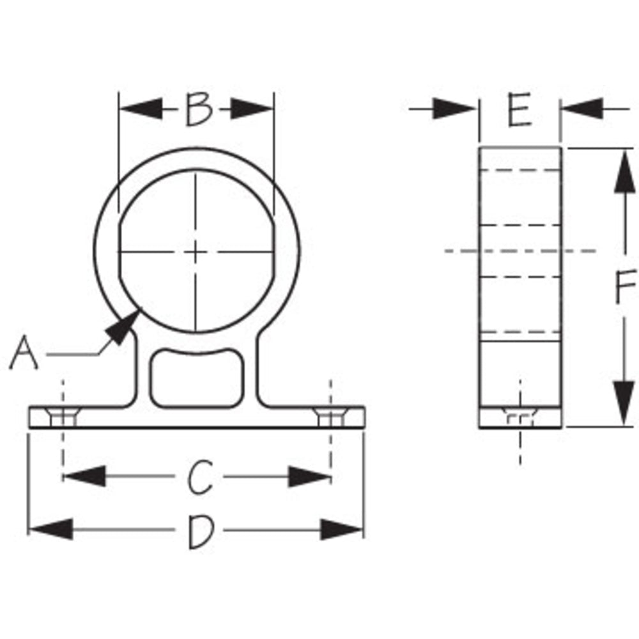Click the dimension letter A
coord(24,355)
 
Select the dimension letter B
coord(198,109)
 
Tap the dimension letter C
coord(199,477)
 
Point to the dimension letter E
coord(519,110)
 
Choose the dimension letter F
coord(624,287)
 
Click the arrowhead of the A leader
coord(124,325)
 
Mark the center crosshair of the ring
coord(197,252)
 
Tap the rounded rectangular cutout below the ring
coord(197,378)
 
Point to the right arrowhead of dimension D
coord(343,529)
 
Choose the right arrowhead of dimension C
coord(309,477)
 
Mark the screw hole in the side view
coord(520,417)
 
